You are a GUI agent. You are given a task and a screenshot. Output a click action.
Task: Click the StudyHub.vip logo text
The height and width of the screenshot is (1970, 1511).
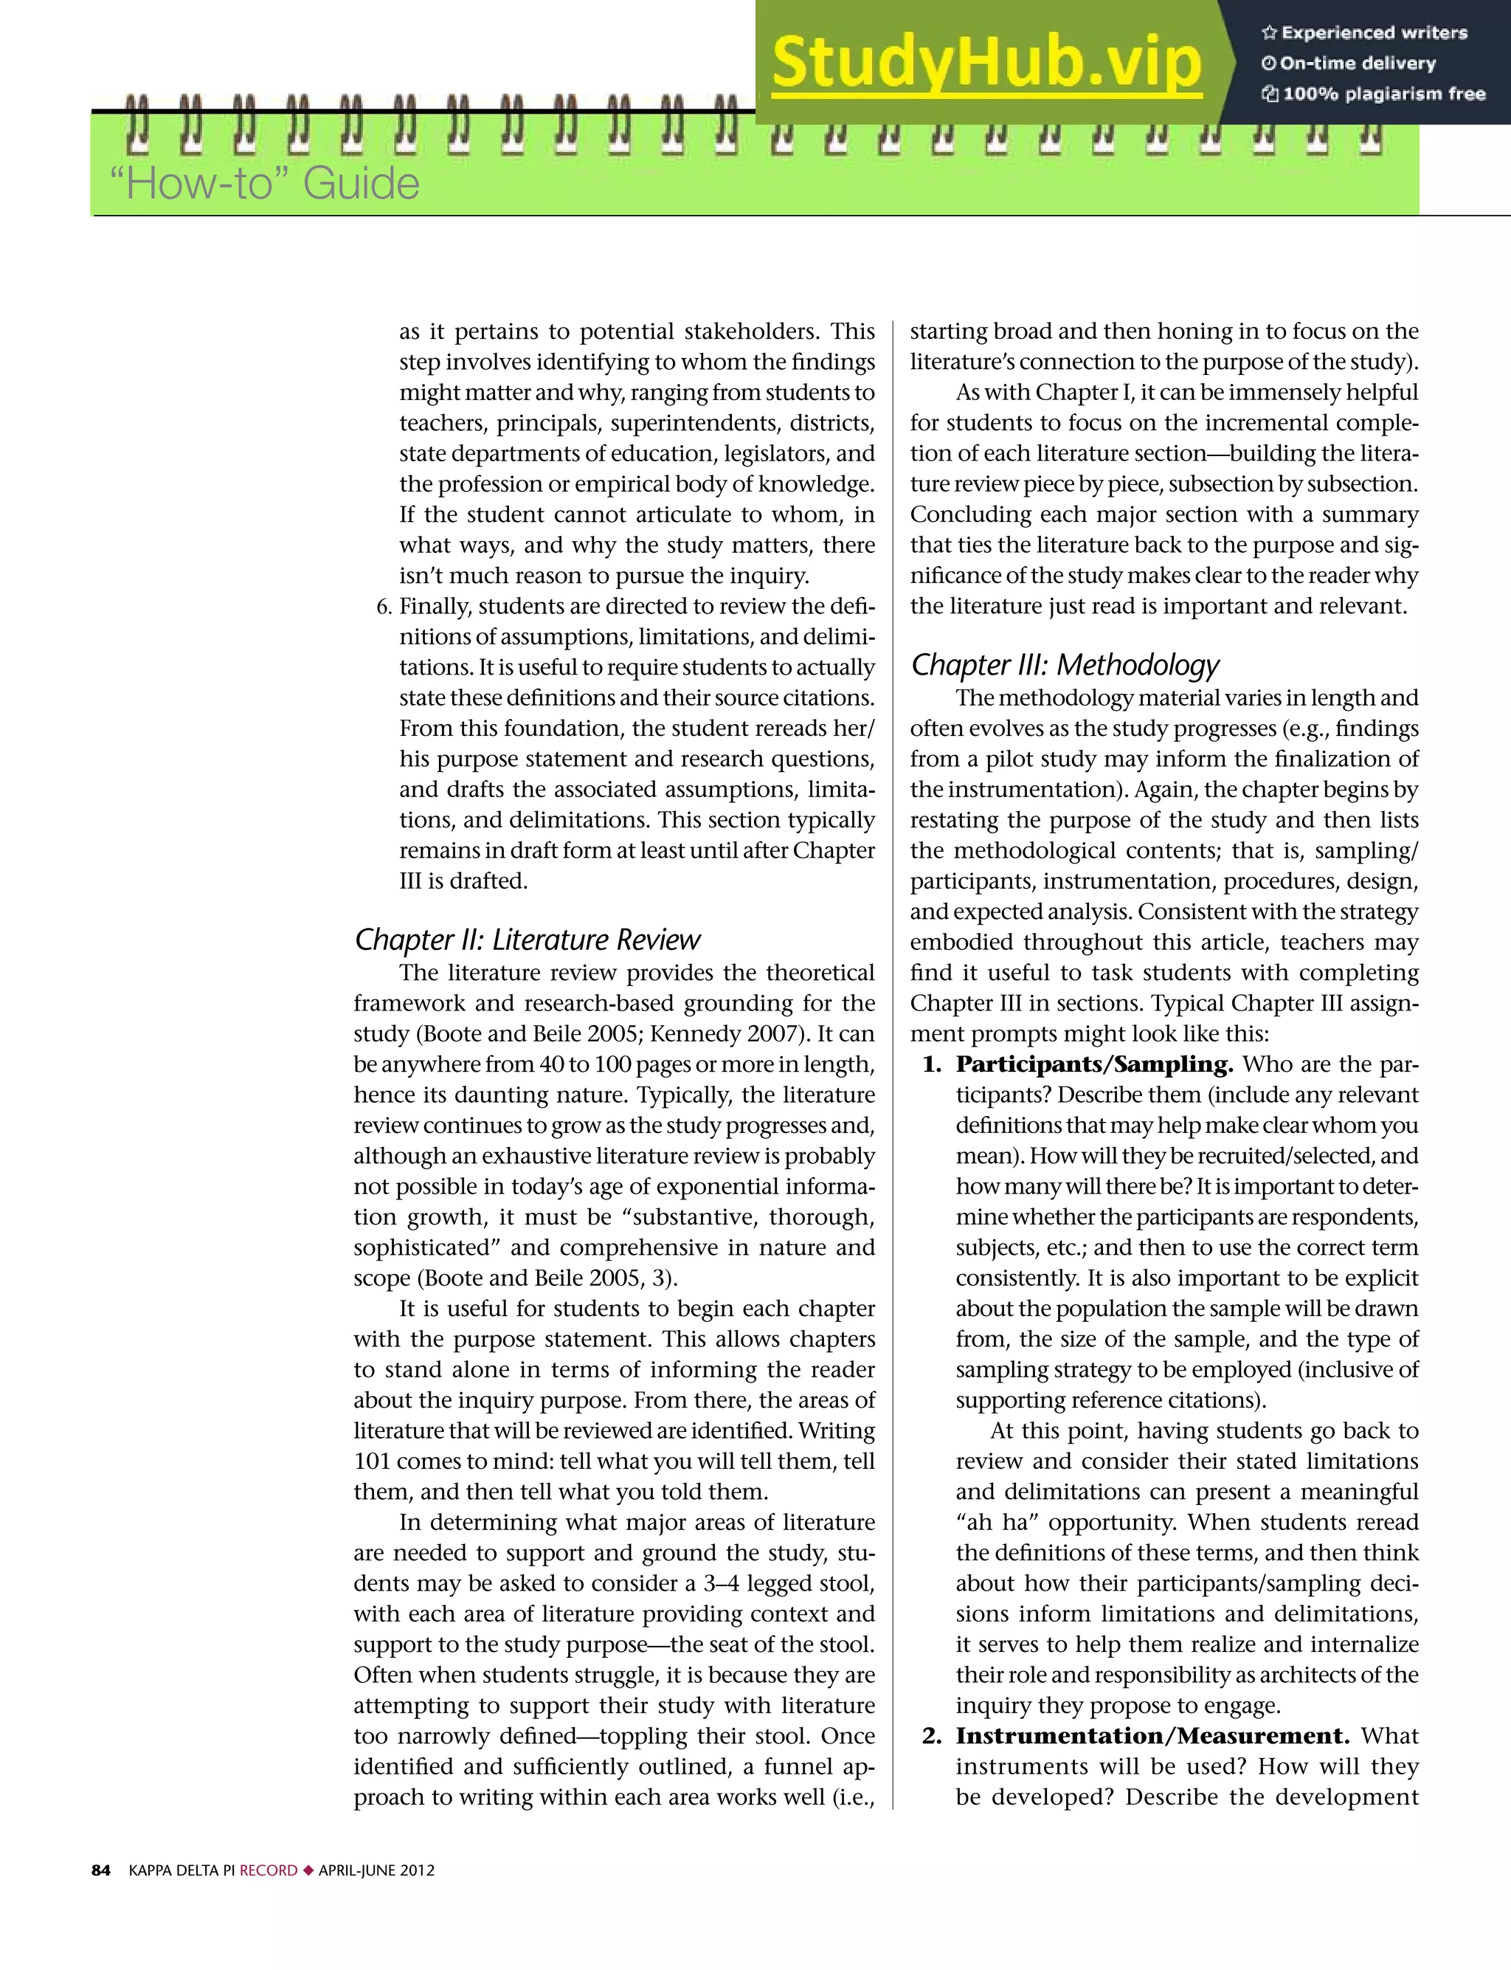(986, 63)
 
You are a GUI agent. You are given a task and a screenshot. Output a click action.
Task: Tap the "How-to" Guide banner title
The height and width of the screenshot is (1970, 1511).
(263, 185)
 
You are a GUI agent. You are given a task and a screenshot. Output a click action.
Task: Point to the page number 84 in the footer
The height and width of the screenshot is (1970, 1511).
(101, 1870)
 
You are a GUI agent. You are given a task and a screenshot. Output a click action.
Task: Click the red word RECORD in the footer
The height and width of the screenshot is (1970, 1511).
(268, 1870)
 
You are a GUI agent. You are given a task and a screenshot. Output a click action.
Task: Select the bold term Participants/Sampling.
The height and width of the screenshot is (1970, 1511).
(1093, 1064)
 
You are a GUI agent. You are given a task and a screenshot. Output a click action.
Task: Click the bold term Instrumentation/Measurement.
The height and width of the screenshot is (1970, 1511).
(1152, 1735)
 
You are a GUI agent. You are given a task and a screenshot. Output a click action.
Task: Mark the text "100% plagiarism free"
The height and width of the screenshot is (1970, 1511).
(1383, 94)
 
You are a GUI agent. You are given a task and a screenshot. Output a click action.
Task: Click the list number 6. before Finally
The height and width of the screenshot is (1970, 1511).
(384, 606)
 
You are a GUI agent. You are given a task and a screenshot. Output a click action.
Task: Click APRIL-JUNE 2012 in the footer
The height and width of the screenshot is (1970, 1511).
(376, 1870)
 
